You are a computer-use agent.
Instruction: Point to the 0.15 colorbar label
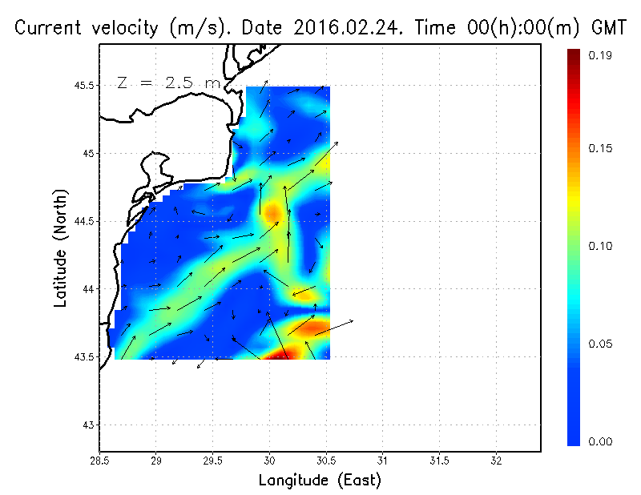[601, 147]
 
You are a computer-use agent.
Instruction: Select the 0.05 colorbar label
[601, 344]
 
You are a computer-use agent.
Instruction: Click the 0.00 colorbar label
[601, 441]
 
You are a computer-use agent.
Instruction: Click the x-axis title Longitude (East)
[320, 480]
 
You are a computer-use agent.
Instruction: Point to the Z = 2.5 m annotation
[169, 83]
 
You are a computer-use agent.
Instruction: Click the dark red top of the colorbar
[574, 56]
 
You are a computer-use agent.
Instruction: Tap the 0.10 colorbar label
[601, 246]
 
